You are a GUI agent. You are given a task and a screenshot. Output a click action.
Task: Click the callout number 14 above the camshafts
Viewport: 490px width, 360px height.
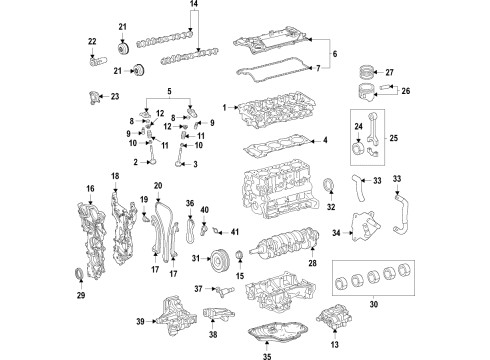(x=195, y=6)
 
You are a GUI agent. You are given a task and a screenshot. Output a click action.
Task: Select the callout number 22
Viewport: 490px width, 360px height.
(x=92, y=41)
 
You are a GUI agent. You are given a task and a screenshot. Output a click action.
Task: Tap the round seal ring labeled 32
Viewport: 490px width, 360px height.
(x=331, y=186)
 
